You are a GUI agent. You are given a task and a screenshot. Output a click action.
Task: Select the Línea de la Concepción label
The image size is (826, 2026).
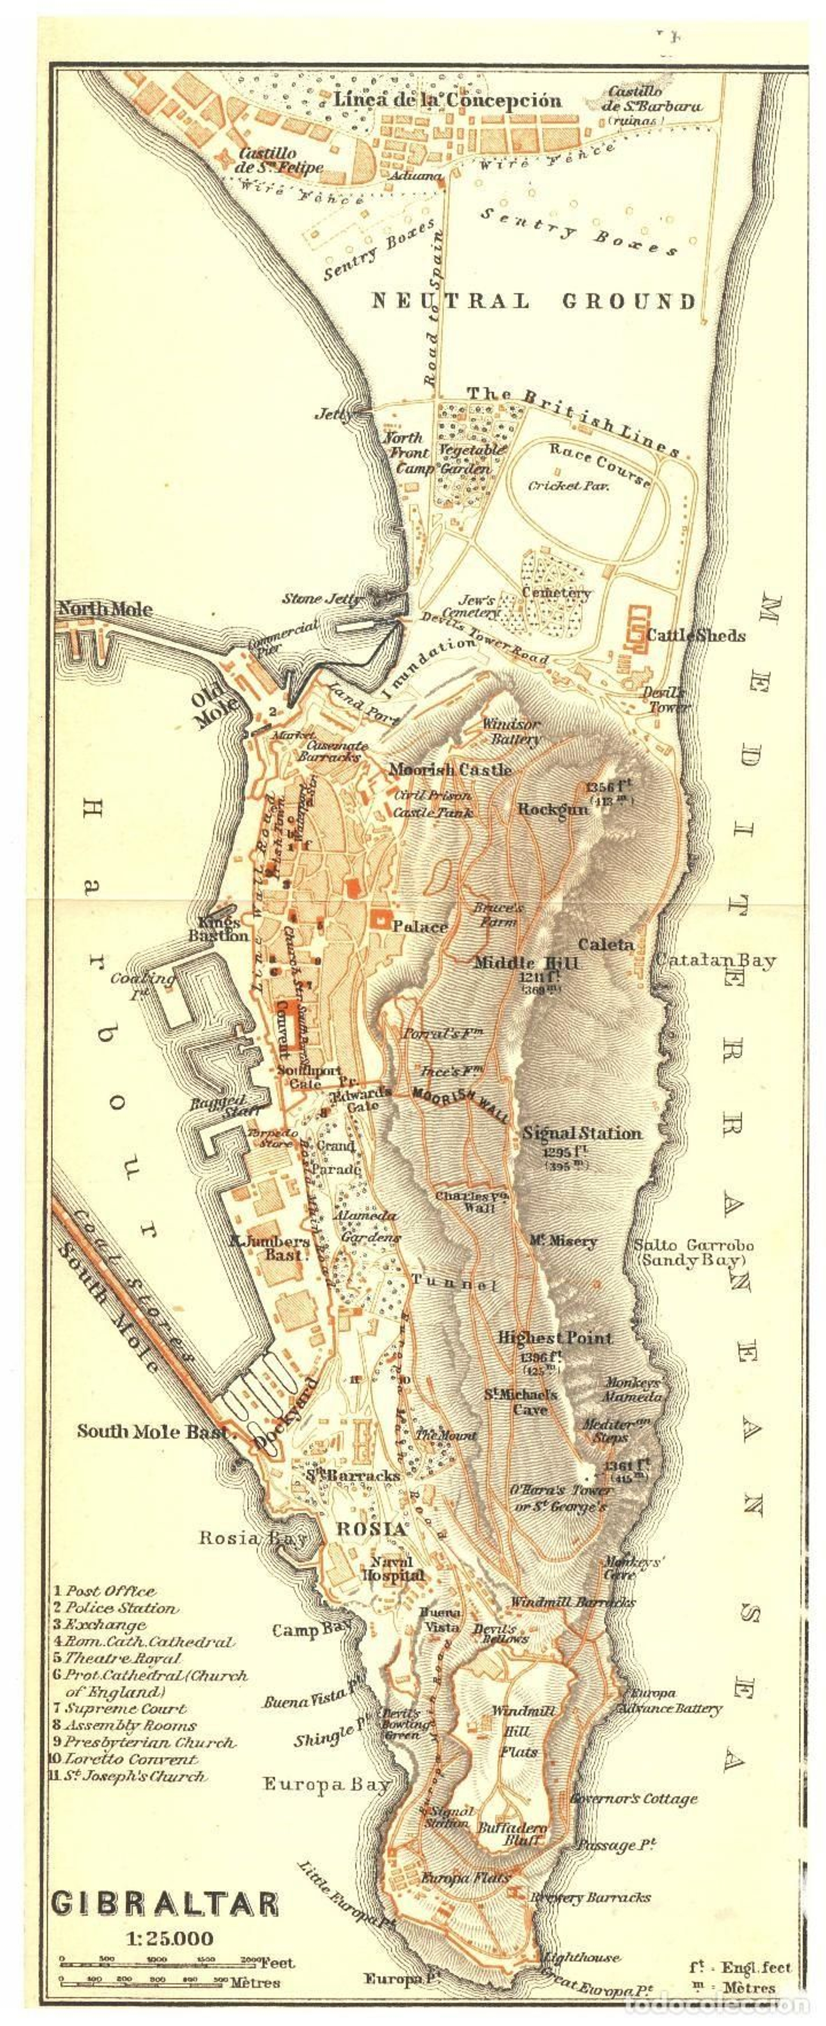tap(448, 101)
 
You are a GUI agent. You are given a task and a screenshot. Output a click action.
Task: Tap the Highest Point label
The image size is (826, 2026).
tap(554, 1337)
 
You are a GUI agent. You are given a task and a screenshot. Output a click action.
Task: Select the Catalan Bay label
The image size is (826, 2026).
tap(715, 960)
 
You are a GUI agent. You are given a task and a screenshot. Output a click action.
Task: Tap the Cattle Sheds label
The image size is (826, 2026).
tap(695, 635)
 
